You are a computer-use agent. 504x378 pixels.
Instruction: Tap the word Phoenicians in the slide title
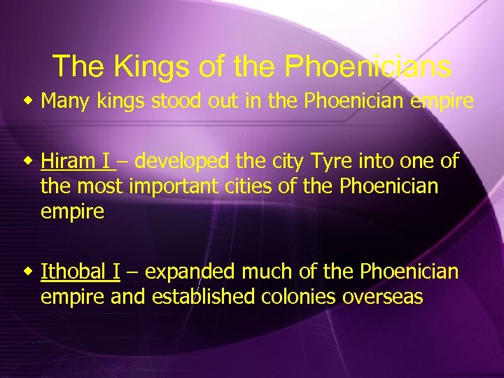[368, 66]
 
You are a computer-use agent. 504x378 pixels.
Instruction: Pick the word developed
[181, 162]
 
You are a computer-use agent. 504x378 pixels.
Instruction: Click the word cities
[253, 187]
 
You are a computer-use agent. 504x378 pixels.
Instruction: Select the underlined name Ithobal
[71, 272]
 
